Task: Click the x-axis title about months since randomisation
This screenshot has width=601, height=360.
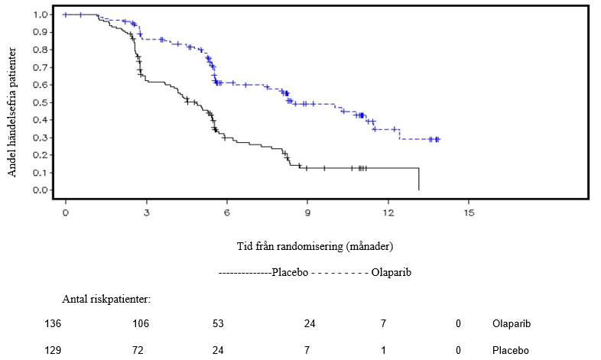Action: point(315,246)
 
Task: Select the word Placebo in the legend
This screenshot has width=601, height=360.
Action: point(291,272)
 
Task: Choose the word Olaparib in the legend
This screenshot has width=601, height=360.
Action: point(391,272)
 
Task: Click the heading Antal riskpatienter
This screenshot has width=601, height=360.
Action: point(106,298)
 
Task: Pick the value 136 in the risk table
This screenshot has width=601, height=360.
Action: point(53,324)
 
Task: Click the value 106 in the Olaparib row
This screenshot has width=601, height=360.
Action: point(140,324)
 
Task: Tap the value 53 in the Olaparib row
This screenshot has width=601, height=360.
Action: point(219,324)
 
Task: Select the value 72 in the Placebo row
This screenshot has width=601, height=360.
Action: point(140,350)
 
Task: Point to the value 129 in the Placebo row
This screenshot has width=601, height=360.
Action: point(53,350)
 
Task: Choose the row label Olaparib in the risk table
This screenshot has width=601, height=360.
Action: point(512,324)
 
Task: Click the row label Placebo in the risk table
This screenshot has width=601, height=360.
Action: point(511,350)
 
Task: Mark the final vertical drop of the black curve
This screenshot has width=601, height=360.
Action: point(419,179)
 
